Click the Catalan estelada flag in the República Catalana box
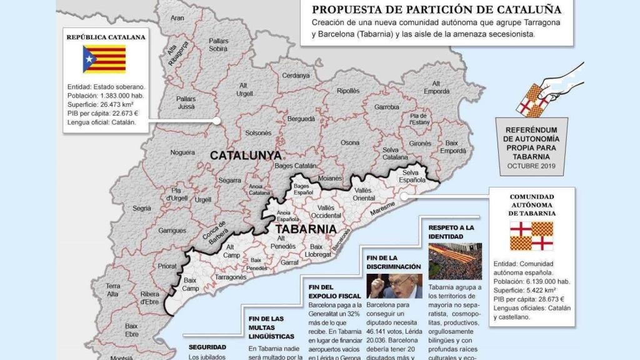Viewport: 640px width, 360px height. point(104,59)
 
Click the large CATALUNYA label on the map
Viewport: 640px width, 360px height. point(245,156)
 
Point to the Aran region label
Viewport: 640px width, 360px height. point(177,19)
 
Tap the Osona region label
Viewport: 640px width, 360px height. point(350,143)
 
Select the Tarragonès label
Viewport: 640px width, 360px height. point(231,276)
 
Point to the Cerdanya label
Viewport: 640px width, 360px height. point(296,76)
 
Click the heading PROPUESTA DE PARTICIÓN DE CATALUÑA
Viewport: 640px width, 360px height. point(436,9)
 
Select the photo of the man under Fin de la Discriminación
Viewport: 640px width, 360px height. point(394,285)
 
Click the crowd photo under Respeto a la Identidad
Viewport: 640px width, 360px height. point(454,261)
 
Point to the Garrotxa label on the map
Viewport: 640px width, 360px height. point(386,107)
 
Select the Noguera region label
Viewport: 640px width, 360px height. point(182,152)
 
